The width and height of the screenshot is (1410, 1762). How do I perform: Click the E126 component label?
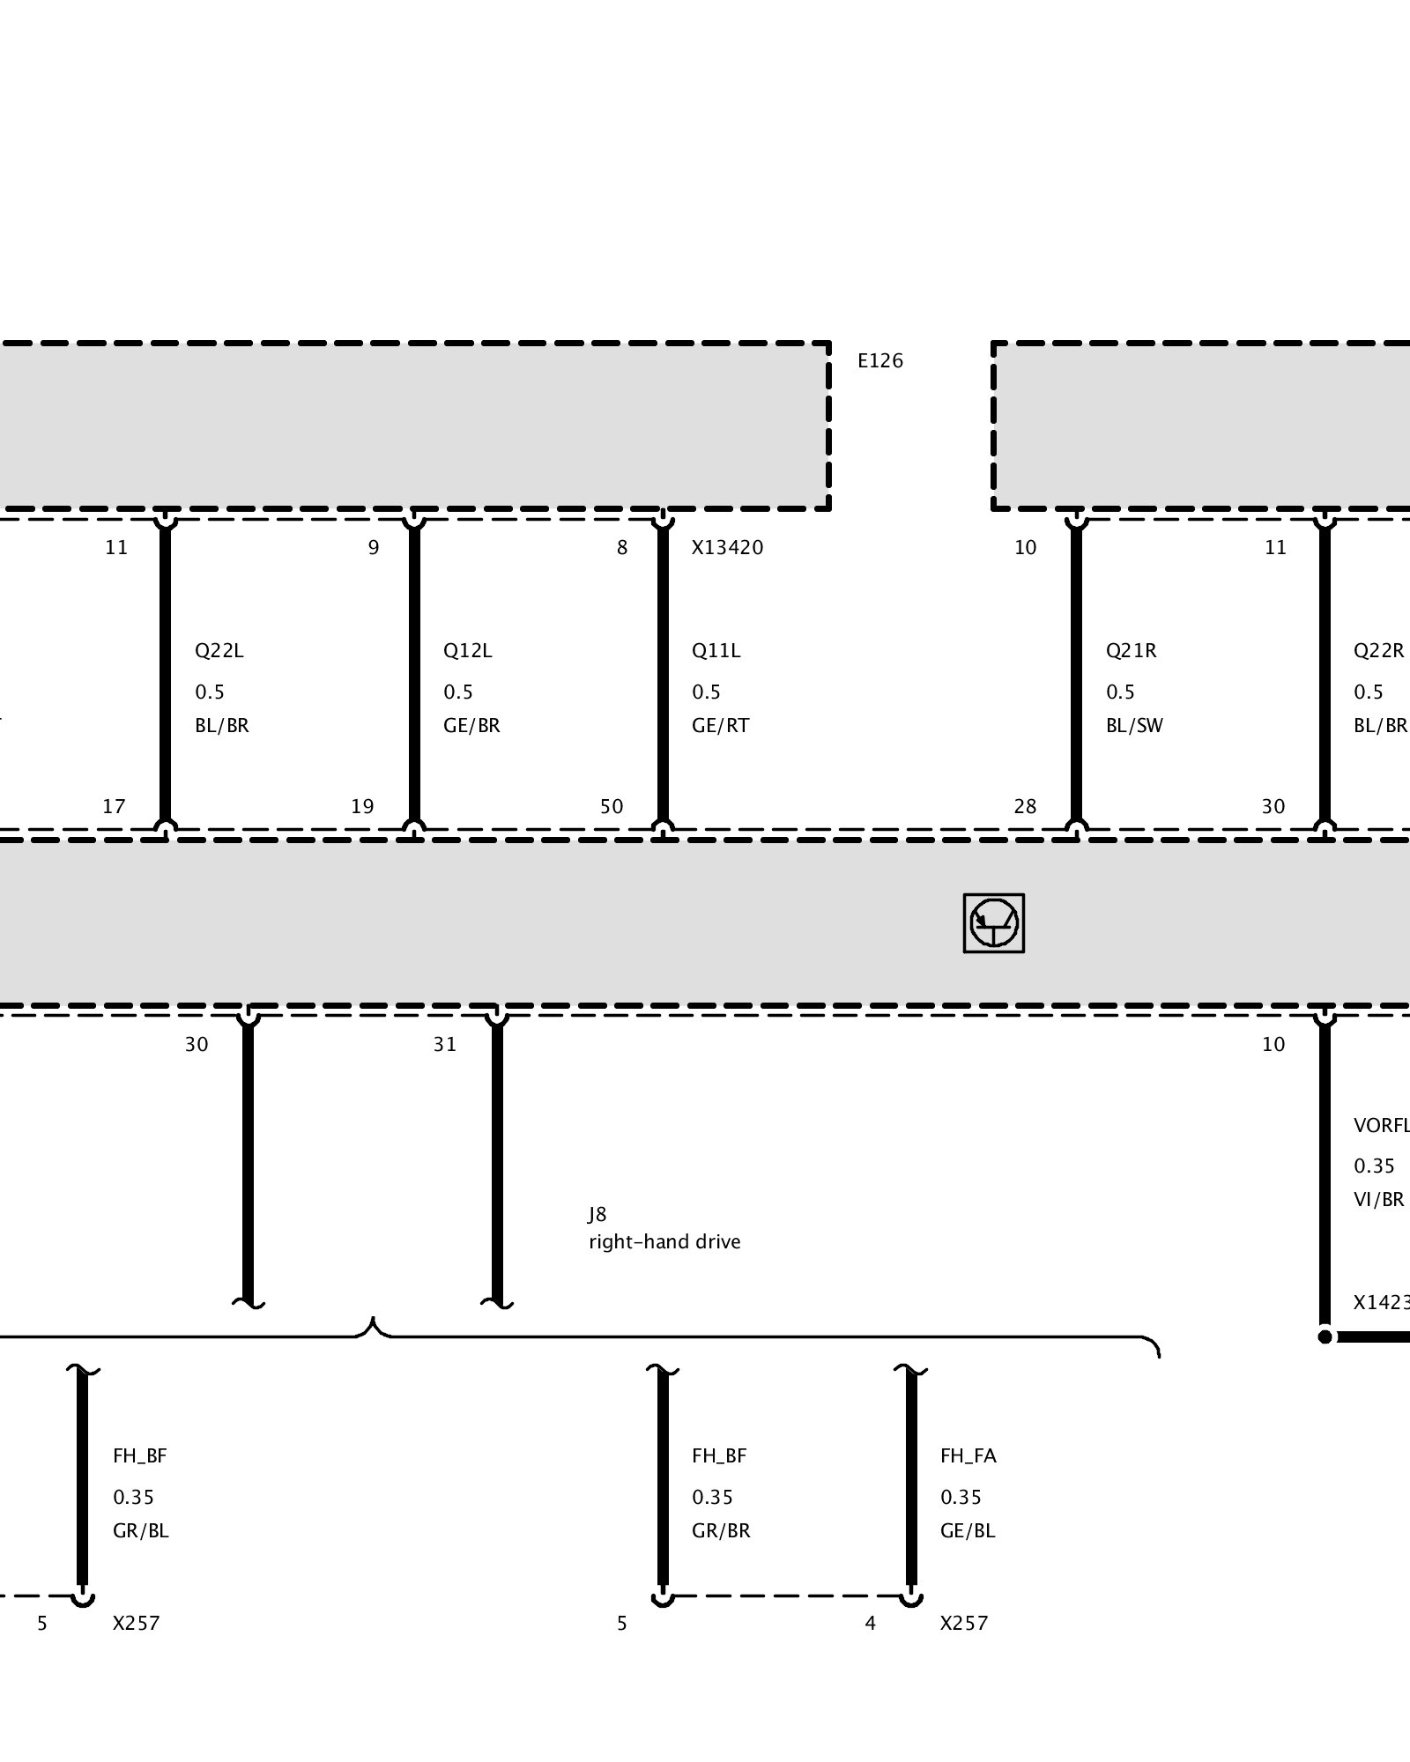(880, 360)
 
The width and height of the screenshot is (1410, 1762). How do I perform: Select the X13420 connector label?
(727, 547)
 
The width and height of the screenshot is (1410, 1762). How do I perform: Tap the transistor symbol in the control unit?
(994, 923)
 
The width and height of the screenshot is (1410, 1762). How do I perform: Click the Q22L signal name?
(219, 651)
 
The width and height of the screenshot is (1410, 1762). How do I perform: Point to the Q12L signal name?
(467, 651)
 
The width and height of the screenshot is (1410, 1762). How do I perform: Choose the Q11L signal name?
(716, 651)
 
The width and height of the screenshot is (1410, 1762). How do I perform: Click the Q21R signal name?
(1131, 651)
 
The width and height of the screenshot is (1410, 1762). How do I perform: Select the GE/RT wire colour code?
(720, 726)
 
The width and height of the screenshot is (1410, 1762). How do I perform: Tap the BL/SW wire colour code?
(1134, 726)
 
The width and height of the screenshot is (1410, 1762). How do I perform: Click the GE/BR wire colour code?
(471, 726)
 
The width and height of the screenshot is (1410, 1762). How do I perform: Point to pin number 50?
(612, 806)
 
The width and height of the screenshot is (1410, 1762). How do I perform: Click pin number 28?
(1025, 806)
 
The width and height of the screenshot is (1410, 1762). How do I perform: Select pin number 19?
(362, 806)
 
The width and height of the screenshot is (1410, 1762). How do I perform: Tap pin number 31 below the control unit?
(445, 1044)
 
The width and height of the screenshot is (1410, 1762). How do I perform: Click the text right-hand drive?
(664, 1241)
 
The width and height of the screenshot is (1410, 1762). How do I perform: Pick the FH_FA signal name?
(968, 1455)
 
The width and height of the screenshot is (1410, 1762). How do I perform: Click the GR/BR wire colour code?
(721, 1530)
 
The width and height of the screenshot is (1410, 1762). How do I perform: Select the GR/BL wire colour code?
(140, 1530)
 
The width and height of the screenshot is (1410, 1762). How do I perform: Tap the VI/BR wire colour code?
(1378, 1199)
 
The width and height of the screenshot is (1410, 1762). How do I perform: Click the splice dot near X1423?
(1325, 1336)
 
